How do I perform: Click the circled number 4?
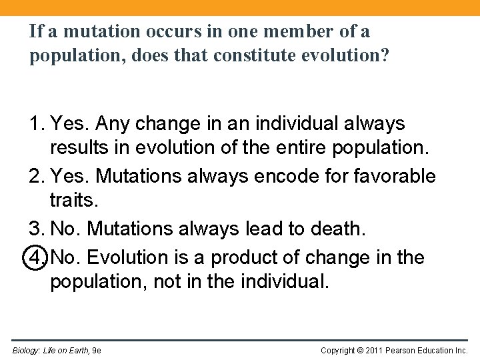(x=37, y=257)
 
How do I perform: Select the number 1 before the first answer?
(x=36, y=124)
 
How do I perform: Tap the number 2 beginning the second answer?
(x=36, y=176)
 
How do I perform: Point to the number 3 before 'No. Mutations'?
(x=36, y=229)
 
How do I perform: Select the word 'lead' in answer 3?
(x=263, y=229)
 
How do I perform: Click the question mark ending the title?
(x=383, y=55)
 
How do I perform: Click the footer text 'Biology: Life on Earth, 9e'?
(x=57, y=350)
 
